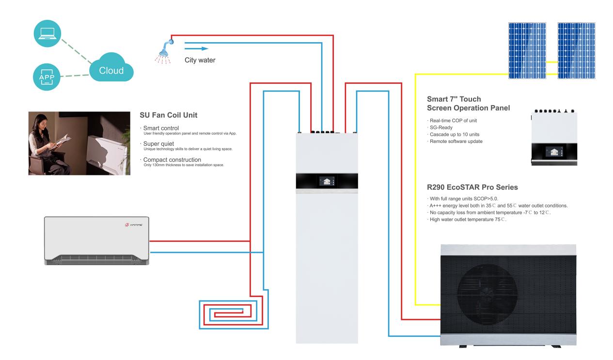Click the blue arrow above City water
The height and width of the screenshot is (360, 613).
196,48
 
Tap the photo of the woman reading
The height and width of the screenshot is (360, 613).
79,143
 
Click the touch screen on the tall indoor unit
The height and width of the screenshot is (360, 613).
328,181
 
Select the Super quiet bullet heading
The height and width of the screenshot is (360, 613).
158,143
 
